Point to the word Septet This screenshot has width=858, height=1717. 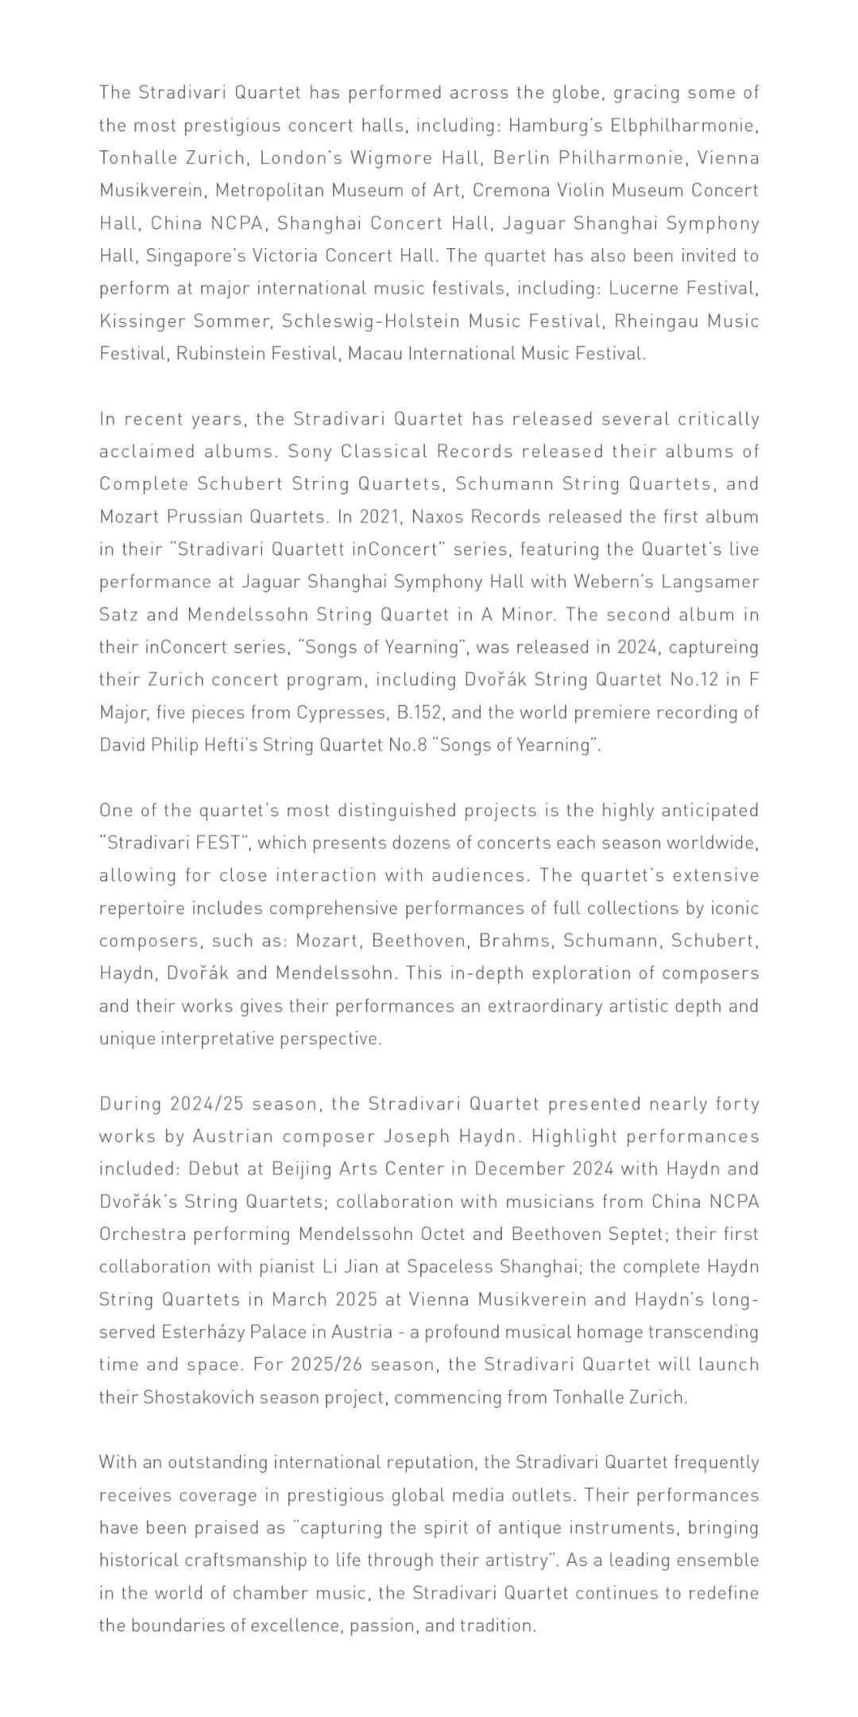pyautogui.click(x=731, y=1234)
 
